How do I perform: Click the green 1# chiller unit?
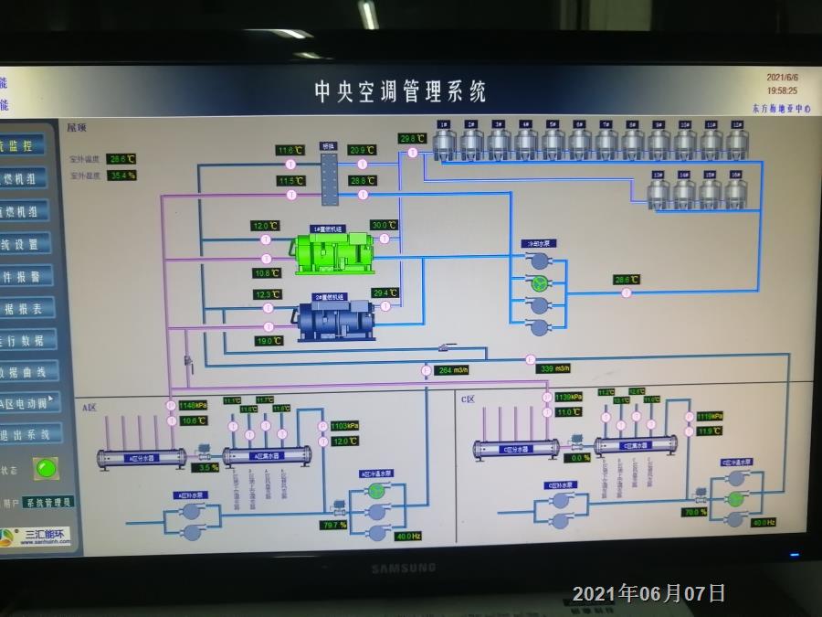[332, 251]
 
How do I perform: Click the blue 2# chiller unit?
[334, 317]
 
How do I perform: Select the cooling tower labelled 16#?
[734, 191]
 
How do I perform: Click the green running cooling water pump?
[540, 283]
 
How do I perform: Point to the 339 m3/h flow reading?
[554, 368]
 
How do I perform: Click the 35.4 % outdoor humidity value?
[121, 175]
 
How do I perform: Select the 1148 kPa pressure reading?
[193, 405]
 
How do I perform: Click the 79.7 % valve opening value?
[333, 525]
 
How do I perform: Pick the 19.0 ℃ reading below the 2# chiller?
[268, 341]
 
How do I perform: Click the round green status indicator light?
[45, 469]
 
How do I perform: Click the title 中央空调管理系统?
[400, 91]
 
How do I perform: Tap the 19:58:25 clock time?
[781, 90]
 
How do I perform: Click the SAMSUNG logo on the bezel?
[403, 569]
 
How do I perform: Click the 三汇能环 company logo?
[37, 537]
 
